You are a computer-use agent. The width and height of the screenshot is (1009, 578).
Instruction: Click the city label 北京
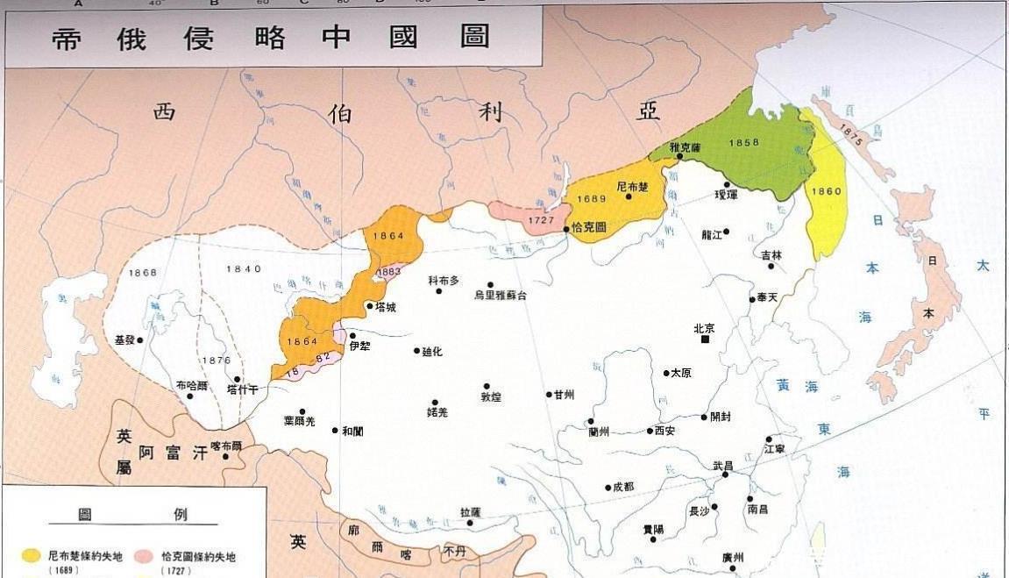coord(704,329)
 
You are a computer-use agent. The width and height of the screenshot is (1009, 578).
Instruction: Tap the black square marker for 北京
coord(705,340)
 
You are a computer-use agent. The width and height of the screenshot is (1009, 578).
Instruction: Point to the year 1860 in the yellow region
coord(827,191)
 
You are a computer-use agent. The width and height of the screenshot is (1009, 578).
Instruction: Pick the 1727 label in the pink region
coord(544,221)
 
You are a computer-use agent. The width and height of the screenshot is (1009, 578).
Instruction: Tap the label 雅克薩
coord(686,146)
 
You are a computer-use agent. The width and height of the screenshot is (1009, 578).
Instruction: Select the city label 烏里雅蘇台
coord(501,296)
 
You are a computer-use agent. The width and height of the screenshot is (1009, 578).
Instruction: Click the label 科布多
coord(444,281)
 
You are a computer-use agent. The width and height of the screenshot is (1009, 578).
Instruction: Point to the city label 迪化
coord(432,352)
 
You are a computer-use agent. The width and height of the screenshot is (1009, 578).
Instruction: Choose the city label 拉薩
coord(471,511)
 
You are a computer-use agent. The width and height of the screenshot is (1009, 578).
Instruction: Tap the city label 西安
coord(664,431)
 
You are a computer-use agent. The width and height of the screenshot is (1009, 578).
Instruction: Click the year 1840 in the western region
coord(243,269)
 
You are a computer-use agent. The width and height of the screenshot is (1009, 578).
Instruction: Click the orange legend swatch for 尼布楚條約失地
coord(32,556)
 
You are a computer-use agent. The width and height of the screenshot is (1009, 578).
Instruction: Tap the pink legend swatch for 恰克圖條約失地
coord(146,556)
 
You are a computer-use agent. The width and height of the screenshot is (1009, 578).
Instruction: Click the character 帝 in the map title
coord(67,38)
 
